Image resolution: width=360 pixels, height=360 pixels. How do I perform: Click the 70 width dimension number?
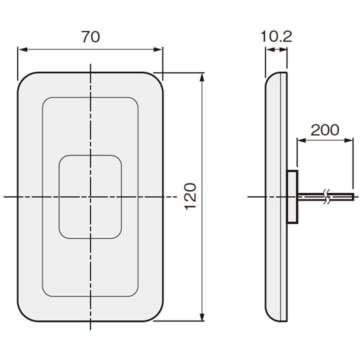click(91, 37)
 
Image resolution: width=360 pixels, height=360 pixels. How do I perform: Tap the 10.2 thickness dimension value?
click(276, 36)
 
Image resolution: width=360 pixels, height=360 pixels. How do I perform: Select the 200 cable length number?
click(325, 130)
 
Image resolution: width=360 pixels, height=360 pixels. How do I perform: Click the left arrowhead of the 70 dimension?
click(22, 49)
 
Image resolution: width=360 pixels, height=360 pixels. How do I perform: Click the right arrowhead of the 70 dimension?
click(158, 49)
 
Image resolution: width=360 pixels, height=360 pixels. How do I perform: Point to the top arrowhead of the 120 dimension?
click(202, 77)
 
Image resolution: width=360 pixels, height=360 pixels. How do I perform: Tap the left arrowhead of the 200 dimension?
click(302, 140)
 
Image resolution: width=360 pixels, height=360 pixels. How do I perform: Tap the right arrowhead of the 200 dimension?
click(348, 140)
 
